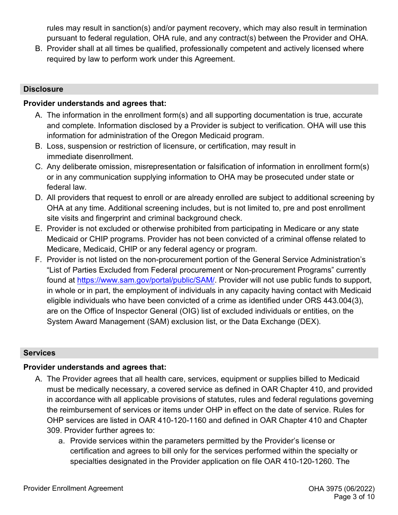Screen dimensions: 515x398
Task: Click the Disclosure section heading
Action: [x=43, y=89]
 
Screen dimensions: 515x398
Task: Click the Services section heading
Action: [x=39, y=353]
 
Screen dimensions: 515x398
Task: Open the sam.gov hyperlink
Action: [x=146, y=281]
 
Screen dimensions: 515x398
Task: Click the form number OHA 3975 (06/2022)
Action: [x=341, y=489]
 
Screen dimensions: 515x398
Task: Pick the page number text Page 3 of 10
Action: [x=354, y=497]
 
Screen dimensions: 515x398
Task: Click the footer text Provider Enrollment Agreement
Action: [x=73, y=488]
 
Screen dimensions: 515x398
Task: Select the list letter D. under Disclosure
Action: [x=39, y=198]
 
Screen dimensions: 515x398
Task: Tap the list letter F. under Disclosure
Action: [x=39, y=260]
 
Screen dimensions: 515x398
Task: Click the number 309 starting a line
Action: [x=53, y=430]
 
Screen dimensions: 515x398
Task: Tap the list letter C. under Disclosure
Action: [x=39, y=167]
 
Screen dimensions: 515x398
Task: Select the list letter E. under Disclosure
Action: [x=39, y=229]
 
